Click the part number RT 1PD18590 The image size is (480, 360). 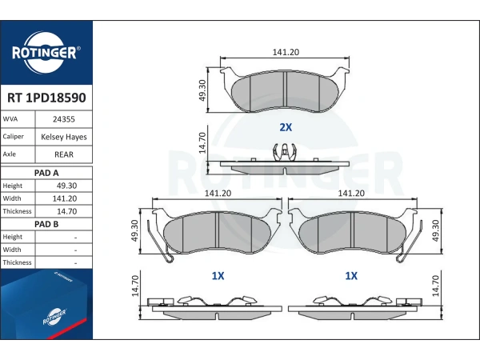click(x=46, y=98)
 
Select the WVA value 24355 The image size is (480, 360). click(x=64, y=119)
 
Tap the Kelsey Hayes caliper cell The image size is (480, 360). click(x=64, y=137)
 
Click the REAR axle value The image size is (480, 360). click(x=64, y=154)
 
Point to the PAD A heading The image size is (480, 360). click(x=46, y=173)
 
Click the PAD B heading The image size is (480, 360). click(x=46, y=224)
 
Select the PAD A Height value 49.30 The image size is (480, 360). click(x=66, y=186)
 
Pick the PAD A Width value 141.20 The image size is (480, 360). click(x=65, y=198)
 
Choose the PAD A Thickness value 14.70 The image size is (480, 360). click(x=66, y=211)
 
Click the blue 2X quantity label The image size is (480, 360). click(x=286, y=127)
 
